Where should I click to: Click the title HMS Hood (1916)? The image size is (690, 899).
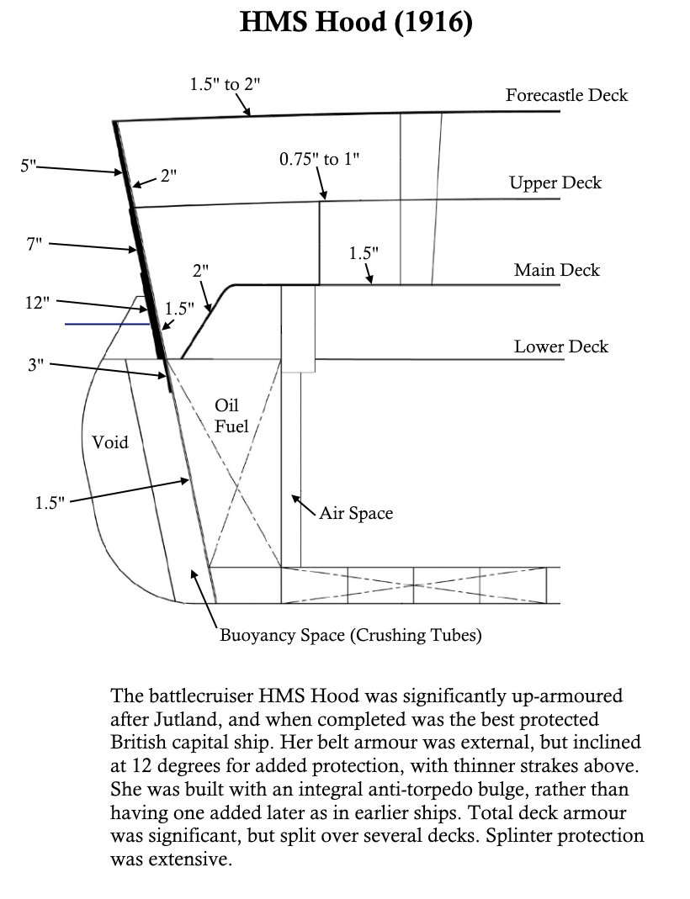(x=357, y=22)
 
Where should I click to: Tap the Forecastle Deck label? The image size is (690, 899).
(x=566, y=95)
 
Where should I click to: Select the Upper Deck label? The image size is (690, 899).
(x=555, y=182)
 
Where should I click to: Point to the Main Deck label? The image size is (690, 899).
(x=557, y=270)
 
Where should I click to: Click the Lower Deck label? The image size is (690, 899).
(x=560, y=346)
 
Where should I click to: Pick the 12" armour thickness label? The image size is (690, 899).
(x=38, y=303)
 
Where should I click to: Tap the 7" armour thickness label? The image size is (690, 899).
(x=34, y=245)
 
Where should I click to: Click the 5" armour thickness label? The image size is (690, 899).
(x=29, y=166)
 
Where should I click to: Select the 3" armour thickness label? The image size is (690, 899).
(x=34, y=363)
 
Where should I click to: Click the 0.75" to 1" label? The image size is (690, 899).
(x=319, y=159)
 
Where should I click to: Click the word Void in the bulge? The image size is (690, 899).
(x=110, y=442)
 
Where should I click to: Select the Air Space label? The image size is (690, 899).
(x=356, y=512)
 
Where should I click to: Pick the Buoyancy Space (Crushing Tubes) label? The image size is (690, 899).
(x=351, y=635)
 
